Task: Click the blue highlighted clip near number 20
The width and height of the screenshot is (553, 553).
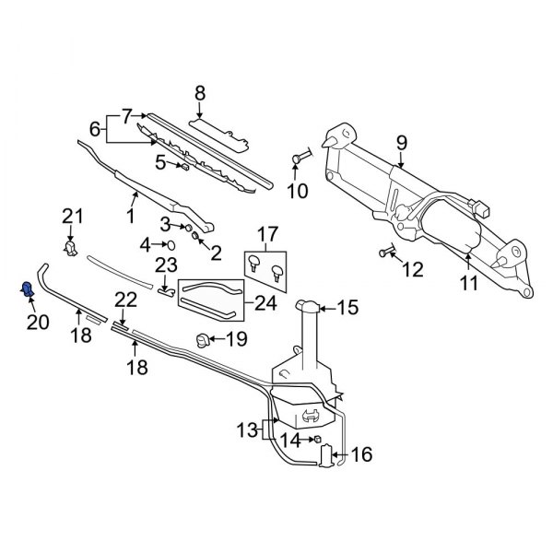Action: (x=27, y=291)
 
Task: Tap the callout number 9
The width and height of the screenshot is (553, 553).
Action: (x=401, y=143)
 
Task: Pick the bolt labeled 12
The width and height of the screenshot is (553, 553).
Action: (x=383, y=252)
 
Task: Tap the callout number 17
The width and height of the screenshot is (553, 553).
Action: (x=266, y=234)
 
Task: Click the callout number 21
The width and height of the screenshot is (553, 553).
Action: (x=73, y=217)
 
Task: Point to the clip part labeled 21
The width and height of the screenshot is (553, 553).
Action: (x=70, y=246)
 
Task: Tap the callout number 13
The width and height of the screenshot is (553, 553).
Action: (x=244, y=429)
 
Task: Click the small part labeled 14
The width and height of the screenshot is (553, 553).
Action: (x=316, y=441)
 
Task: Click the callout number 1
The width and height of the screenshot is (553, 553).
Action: (x=130, y=217)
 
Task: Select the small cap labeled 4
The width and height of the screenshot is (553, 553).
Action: (x=171, y=244)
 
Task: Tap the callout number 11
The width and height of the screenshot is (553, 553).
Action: (x=469, y=285)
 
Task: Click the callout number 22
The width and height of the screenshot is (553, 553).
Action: (x=125, y=300)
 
